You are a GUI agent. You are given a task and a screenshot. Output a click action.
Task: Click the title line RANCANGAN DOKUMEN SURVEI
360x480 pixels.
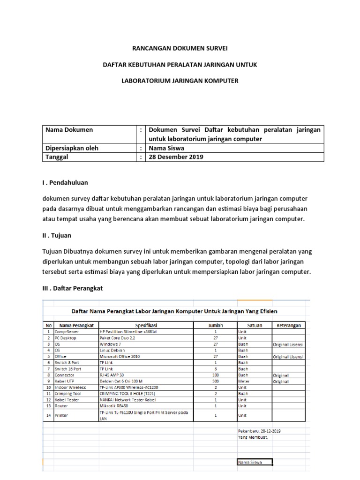click(180, 47)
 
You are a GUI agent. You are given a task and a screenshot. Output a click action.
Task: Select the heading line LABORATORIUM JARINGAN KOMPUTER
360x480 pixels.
click(180, 81)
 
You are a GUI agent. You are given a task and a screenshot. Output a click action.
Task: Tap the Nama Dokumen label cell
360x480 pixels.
click(68, 130)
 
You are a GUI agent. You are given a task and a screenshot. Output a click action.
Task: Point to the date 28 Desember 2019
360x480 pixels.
click(176, 157)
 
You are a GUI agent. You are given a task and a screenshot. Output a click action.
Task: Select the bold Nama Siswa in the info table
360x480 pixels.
click(166, 148)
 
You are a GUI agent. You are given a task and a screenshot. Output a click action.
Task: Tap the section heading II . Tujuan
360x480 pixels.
click(57, 235)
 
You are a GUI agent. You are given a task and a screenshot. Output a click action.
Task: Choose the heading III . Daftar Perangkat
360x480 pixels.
click(72, 288)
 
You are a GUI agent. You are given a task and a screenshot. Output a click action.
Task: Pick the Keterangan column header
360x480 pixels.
click(288, 325)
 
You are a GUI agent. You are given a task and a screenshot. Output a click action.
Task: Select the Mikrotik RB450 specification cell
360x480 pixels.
click(116, 406)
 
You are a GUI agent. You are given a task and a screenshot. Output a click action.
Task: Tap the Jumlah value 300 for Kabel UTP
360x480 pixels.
click(216, 382)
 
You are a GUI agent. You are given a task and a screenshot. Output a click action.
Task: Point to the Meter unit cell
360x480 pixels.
click(243, 382)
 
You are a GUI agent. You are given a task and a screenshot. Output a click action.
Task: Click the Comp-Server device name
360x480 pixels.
click(67, 331)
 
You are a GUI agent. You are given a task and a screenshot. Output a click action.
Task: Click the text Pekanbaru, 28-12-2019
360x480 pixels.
click(259, 431)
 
